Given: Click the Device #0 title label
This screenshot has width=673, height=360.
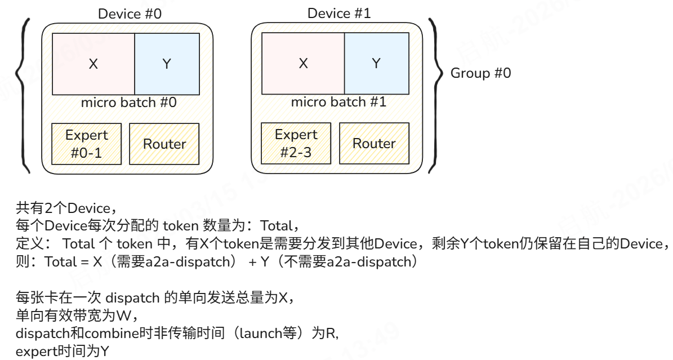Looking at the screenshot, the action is coord(130,14).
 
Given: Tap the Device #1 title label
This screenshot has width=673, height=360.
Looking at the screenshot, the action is coord(339,14).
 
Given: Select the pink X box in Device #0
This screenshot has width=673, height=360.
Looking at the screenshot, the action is coord(93,64).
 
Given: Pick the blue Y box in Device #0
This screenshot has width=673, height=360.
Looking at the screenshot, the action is coord(167,64).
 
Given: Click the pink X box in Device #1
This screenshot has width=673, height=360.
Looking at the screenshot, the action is coord(303,64).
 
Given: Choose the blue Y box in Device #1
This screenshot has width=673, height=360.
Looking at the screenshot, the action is coord(376,64).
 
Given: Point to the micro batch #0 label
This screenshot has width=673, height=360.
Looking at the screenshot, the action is coord(129,103).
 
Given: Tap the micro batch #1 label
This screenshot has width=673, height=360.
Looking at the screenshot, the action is coord(338,102).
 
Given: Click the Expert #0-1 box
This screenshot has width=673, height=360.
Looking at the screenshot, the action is coord(86,144).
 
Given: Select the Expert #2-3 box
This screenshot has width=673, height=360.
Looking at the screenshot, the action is coord(296,144).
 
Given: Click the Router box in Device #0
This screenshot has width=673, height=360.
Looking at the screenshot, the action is coord(164,144).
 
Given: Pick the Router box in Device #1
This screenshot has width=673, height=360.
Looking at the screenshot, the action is coord(375,144).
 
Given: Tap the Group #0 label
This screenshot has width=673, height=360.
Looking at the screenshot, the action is coord(481,73).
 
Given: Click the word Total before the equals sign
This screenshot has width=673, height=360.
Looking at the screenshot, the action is coord(60,261).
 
